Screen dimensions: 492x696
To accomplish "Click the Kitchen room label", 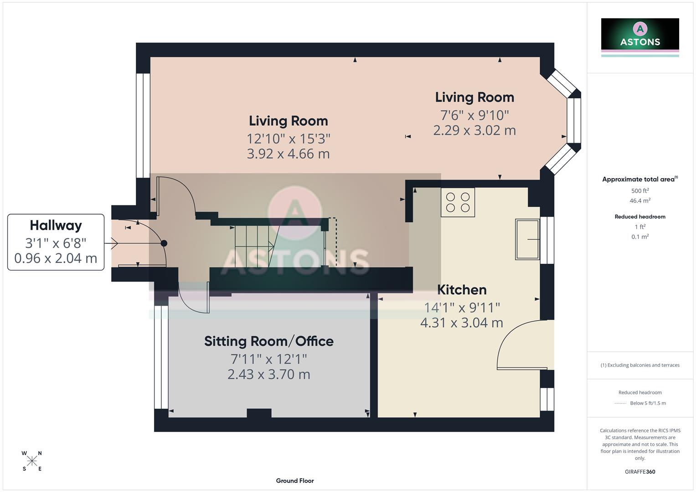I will point(462,290).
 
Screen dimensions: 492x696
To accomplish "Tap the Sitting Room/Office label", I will point(268,341).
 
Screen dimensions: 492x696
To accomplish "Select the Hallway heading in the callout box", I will point(56,225).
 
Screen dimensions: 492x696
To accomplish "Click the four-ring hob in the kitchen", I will point(458,202).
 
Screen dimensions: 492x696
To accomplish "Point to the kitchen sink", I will point(527,239).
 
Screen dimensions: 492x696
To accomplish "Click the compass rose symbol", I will point(32,461).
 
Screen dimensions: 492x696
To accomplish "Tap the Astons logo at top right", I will point(640,35).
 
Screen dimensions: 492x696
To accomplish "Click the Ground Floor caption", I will point(294,481).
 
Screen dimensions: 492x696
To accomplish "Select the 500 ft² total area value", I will point(640,191).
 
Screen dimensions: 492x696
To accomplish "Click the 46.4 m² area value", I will point(640,200).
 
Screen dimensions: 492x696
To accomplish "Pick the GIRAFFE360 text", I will point(640,471).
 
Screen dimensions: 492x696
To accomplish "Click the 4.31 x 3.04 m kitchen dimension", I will point(461,323).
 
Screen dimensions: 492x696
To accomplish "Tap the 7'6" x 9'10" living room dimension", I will point(474,115).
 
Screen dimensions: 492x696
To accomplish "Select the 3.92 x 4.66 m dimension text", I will point(288,154).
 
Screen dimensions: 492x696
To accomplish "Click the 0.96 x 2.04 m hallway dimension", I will point(56,258).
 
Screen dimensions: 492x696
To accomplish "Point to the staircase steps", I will point(253,246).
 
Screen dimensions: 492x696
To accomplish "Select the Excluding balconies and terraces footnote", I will point(640,365).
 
